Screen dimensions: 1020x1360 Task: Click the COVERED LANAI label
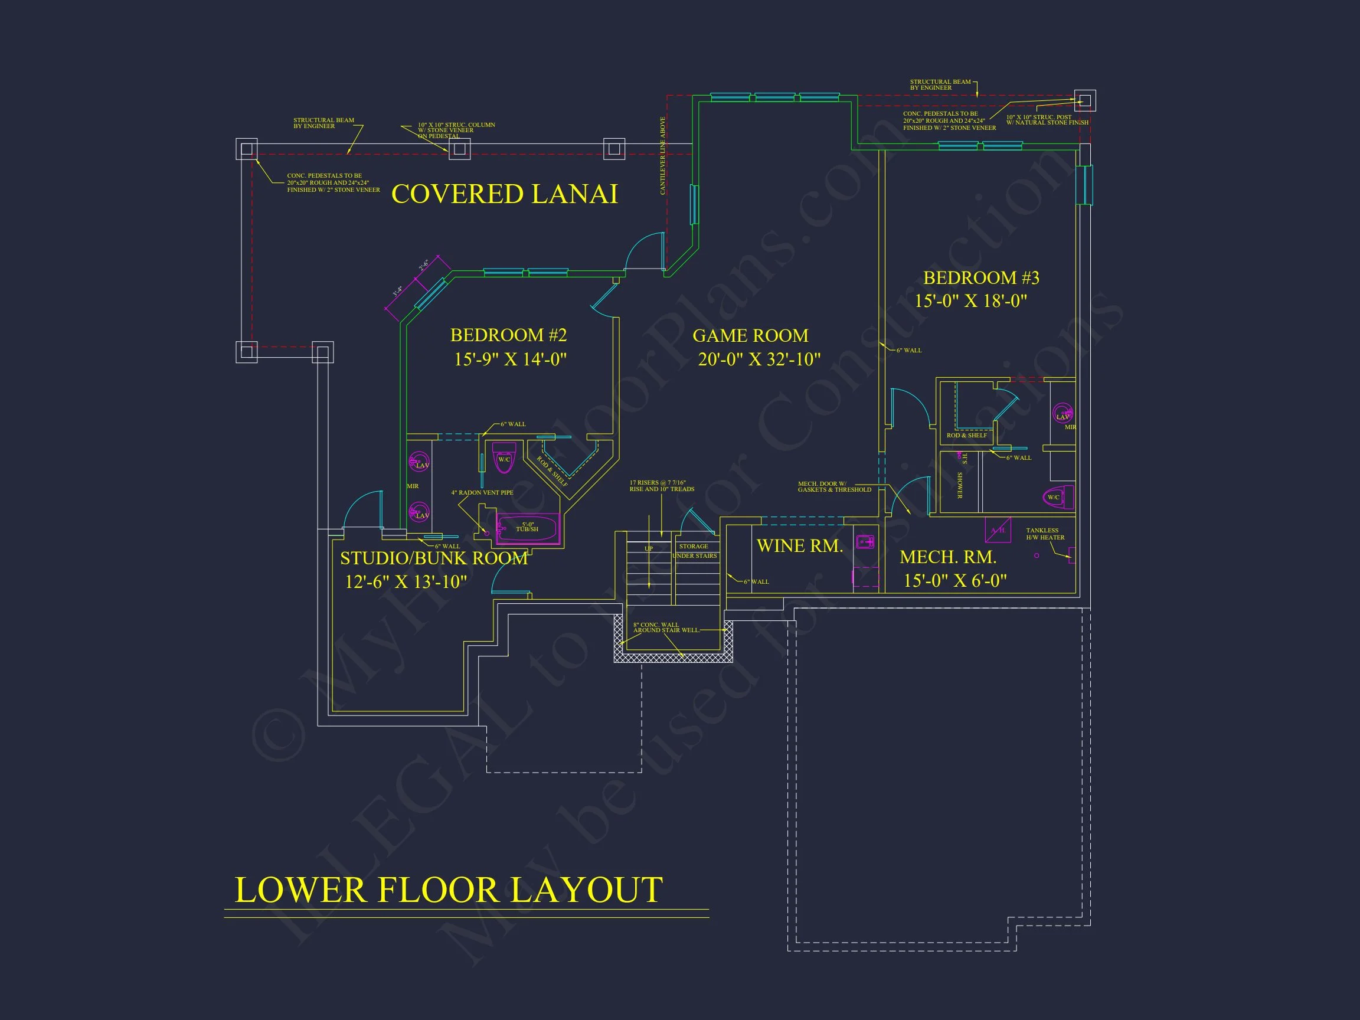point(504,194)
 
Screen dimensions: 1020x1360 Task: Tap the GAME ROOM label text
point(750,336)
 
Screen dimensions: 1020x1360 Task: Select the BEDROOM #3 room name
point(980,278)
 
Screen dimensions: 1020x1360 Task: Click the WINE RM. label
point(799,546)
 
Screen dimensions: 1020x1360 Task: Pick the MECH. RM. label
point(947,557)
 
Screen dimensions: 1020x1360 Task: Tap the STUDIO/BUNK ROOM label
point(433,558)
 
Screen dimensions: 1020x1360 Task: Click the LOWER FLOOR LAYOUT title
point(449,890)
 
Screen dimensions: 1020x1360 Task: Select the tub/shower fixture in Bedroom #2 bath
point(528,528)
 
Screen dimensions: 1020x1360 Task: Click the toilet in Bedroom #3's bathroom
point(1058,497)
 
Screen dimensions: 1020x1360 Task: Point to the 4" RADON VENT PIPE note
point(482,492)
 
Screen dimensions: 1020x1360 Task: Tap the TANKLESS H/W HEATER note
point(1045,534)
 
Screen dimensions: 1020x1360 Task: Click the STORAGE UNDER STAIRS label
point(694,551)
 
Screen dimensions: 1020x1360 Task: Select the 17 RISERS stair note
point(662,486)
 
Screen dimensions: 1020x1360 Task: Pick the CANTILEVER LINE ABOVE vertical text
point(663,156)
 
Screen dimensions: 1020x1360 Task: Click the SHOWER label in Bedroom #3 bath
point(959,485)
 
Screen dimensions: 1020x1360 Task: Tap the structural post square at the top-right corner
point(1084,100)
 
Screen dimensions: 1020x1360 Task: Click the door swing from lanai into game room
point(646,251)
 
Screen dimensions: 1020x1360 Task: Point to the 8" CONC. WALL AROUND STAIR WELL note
point(665,627)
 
